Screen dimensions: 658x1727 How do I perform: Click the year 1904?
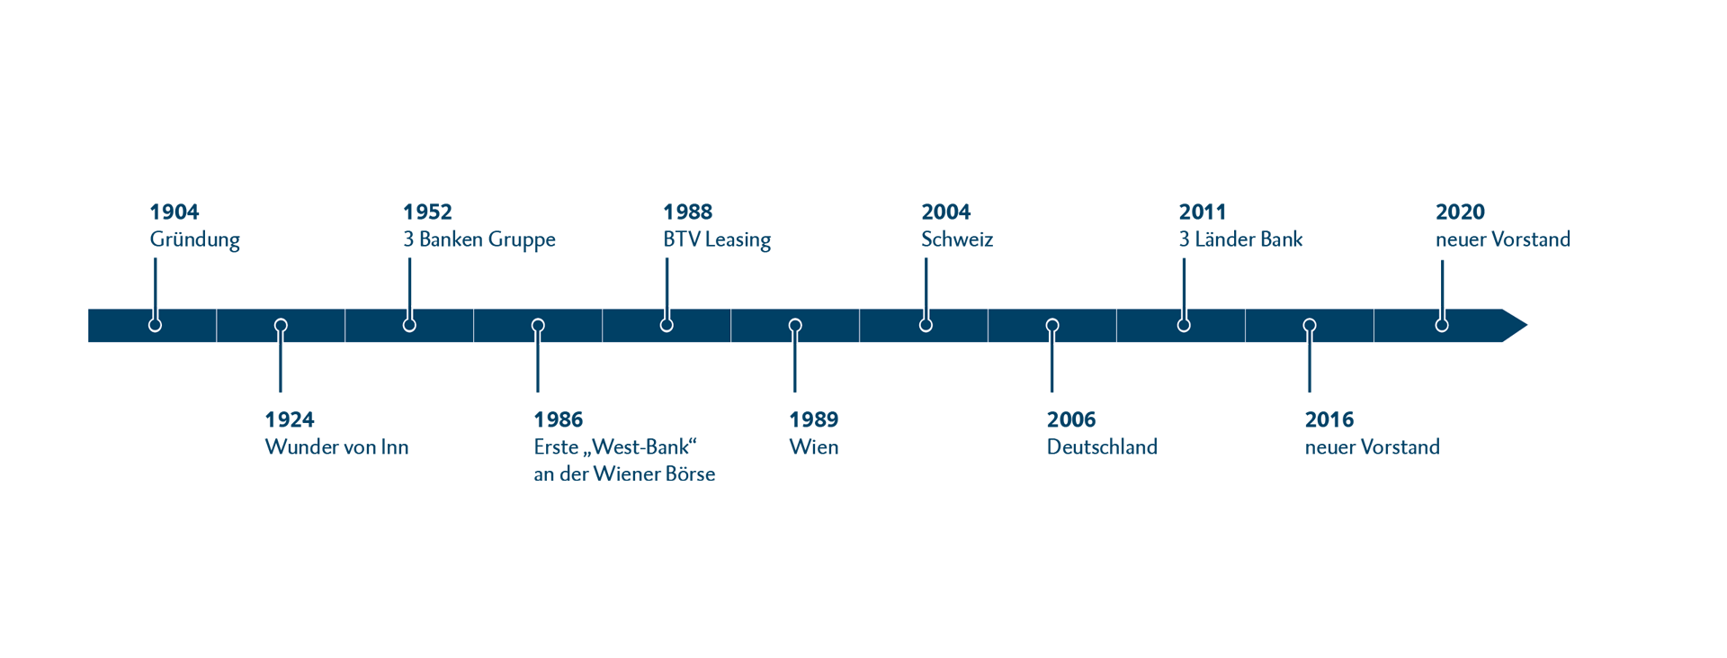tap(174, 212)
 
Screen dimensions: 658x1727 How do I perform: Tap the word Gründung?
tap(194, 239)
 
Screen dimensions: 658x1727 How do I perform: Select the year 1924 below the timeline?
tap(289, 419)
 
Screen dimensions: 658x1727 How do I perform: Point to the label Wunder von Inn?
tap(336, 447)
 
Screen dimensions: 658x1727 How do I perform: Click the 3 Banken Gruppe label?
tap(479, 239)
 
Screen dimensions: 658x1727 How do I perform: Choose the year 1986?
tap(558, 419)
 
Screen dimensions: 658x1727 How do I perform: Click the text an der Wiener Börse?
tap(624, 474)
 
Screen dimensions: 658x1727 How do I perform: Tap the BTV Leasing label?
tap(716, 239)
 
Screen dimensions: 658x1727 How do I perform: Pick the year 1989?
tap(813, 419)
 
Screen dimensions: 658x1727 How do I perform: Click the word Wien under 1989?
tap(813, 447)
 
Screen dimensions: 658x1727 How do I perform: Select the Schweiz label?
tap(956, 239)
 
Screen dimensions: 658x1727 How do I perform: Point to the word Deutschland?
tap(1101, 447)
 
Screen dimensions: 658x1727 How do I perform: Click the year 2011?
tap(1202, 212)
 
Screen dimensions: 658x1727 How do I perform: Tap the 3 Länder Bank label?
tap(1240, 239)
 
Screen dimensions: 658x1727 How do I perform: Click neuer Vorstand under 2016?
tap(1372, 447)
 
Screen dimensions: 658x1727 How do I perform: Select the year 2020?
tap(1459, 212)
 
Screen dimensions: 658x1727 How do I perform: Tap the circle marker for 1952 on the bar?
tap(409, 324)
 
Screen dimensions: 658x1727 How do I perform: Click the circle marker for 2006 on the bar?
tap(1051, 325)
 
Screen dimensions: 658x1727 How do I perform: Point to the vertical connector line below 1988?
tap(667, 281)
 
